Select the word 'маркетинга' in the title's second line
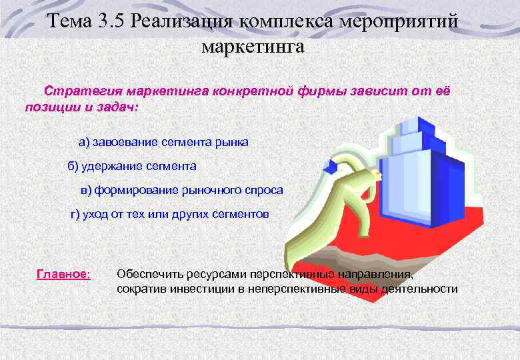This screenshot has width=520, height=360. click(253, 47)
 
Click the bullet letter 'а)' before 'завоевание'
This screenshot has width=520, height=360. click(84, 142)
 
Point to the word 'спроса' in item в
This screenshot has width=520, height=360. click(264, 191)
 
